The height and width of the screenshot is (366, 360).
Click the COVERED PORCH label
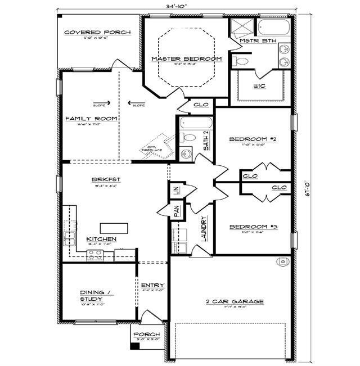tap(97, 33)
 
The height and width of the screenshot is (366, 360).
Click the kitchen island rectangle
tap(112, 228)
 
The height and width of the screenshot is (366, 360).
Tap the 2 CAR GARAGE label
tap(235, 302)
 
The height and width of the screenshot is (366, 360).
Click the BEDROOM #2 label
tap(252, 139)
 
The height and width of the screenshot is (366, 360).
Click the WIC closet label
tap(259, 86)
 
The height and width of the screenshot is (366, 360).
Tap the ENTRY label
tap(152, 286)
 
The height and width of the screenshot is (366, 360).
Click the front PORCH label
tap(146, 335)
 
